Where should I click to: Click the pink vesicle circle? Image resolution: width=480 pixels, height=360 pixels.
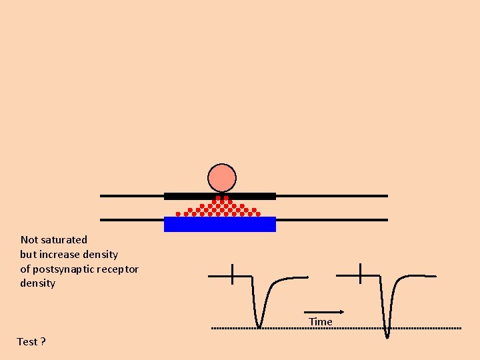222,178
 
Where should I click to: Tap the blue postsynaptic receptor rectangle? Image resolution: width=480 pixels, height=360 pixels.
220,225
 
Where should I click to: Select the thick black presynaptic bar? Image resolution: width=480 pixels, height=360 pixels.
220,196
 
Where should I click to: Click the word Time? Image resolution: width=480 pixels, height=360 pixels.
320,322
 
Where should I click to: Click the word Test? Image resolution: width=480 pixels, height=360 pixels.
27,342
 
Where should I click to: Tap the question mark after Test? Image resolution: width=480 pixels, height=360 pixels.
43,342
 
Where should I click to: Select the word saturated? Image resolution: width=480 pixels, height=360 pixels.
64,240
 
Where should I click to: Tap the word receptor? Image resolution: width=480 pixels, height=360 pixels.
119,269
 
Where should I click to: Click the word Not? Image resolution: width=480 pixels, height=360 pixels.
29,240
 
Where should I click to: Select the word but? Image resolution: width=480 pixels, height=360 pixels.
28,255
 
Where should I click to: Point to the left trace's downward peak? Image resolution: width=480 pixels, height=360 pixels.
259,326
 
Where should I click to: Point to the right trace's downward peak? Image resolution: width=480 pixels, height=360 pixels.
387,335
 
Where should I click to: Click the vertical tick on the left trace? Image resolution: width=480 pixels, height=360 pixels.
232,274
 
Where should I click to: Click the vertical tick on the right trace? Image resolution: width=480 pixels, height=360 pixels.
359,273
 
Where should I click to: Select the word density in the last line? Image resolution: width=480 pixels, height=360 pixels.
38,284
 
